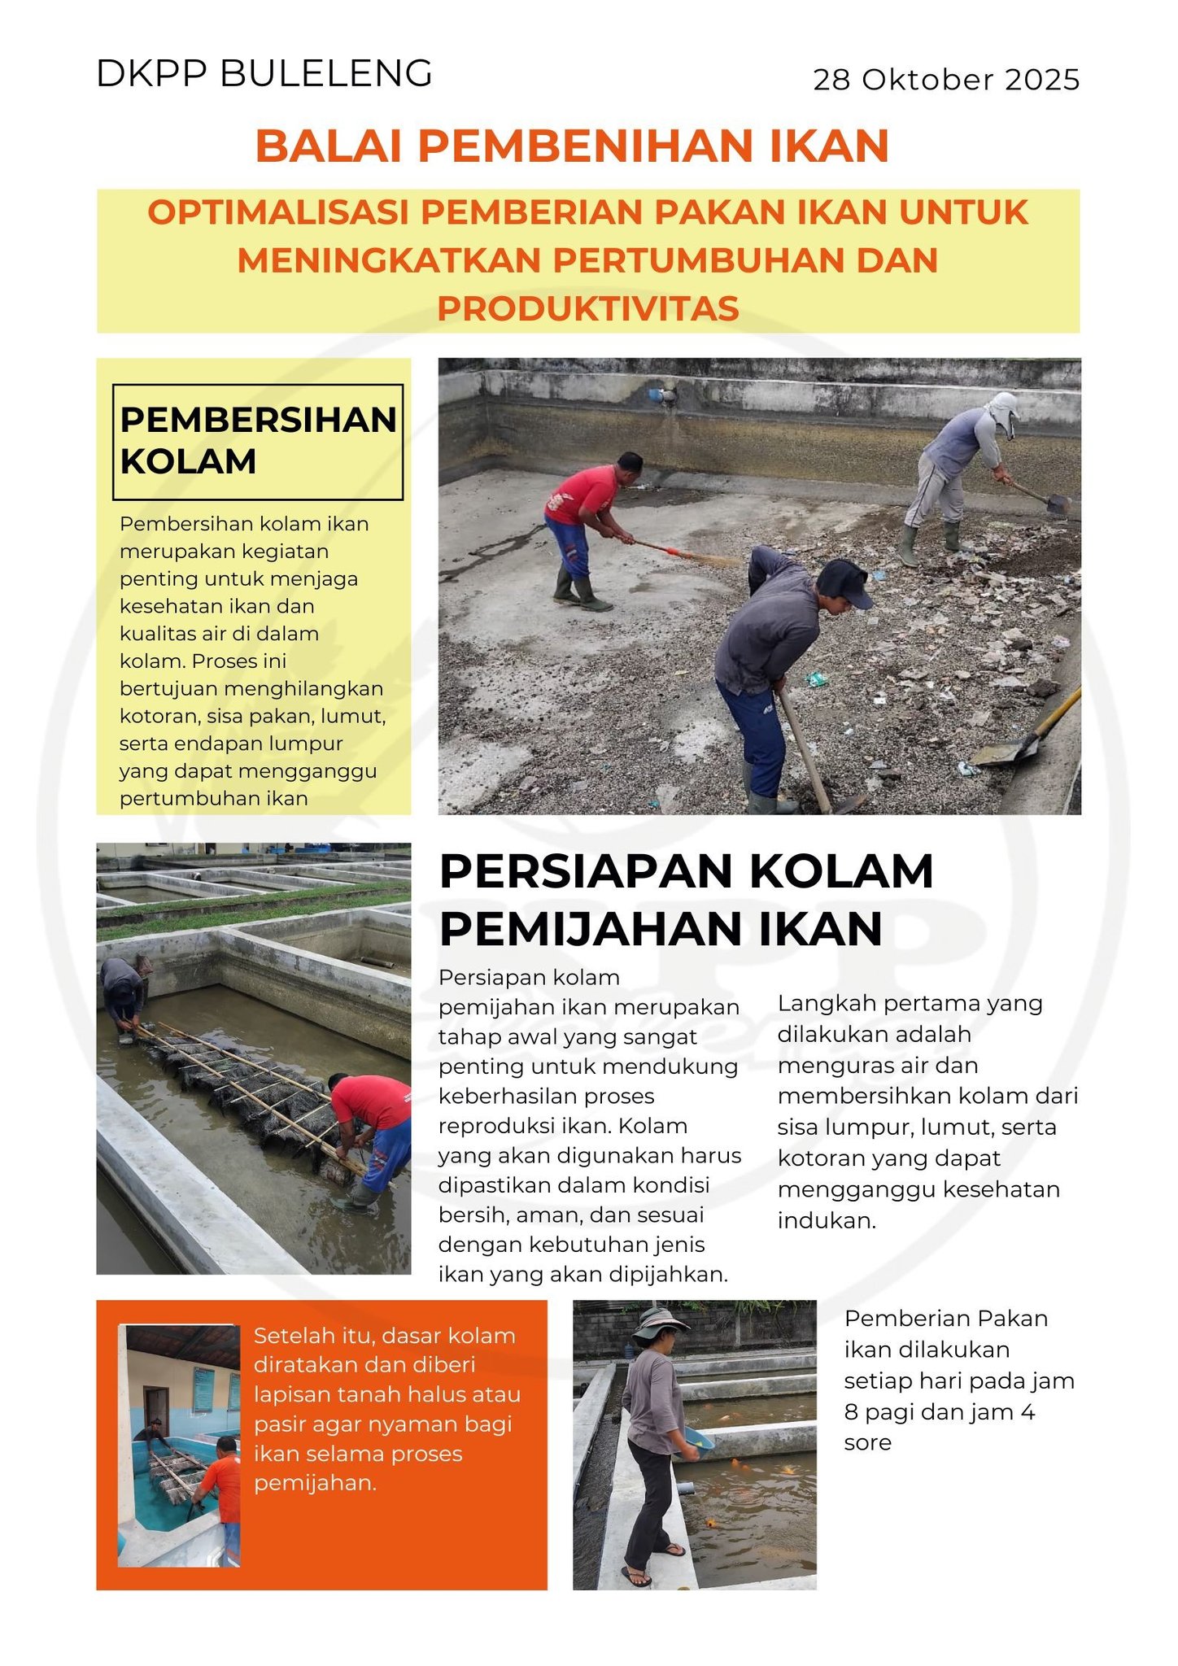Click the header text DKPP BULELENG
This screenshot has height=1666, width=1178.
pos(264,74)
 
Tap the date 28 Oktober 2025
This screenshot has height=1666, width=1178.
pos(946,80)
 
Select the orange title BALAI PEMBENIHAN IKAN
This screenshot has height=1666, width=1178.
pos(572,146)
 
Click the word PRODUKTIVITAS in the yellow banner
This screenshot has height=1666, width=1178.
pos(588,308)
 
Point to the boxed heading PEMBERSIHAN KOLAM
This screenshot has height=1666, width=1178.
pos(257,441)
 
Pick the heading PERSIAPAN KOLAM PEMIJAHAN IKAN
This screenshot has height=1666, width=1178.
pos(685,900)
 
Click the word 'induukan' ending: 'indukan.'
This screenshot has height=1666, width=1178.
pos(827,1220)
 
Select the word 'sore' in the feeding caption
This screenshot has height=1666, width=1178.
pos(867,1442)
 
